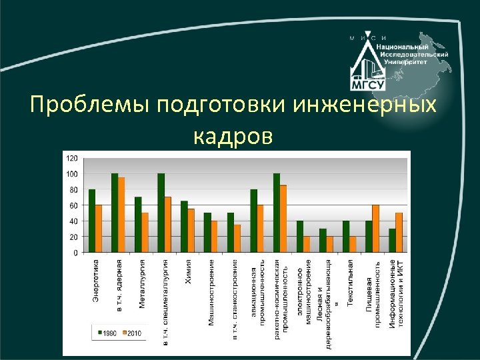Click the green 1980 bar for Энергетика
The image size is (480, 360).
click(92, 221)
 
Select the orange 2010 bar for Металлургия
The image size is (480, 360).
click(145, 233)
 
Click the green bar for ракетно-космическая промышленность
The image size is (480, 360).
click(276, 213)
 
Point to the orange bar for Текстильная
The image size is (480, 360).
click(353, 245)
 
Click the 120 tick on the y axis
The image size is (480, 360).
click(71, 158)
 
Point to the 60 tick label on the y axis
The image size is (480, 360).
click(73, 205)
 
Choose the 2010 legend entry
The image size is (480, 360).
click(131, 331)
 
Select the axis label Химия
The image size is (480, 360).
click(188, 273)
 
